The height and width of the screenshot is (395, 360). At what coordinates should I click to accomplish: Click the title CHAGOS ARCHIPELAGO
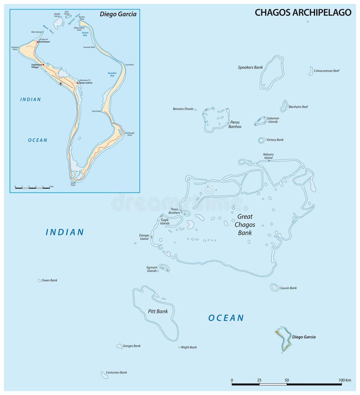tap(303, 12)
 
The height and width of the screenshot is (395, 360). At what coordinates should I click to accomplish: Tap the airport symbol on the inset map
tap(61, 84)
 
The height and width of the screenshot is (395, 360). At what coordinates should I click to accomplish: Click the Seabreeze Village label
tap(38, 66)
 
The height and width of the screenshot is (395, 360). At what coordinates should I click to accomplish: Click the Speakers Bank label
tap(250, 67)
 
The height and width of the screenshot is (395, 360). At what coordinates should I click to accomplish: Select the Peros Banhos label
tap(235, 124)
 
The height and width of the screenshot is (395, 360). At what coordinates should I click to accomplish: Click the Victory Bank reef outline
tap(261, 140)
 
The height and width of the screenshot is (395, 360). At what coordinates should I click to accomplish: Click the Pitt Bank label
tap(157, 311)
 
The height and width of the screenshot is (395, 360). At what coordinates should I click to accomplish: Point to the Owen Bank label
tap(49, 280)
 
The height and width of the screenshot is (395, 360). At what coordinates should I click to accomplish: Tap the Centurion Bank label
tap(116, 373)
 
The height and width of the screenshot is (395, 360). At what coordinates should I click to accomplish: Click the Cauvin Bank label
tap(288, 288)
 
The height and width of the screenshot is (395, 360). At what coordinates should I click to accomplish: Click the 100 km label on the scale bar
tap(345, 381)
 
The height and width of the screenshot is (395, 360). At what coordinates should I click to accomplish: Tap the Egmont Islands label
tap(152, 269)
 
